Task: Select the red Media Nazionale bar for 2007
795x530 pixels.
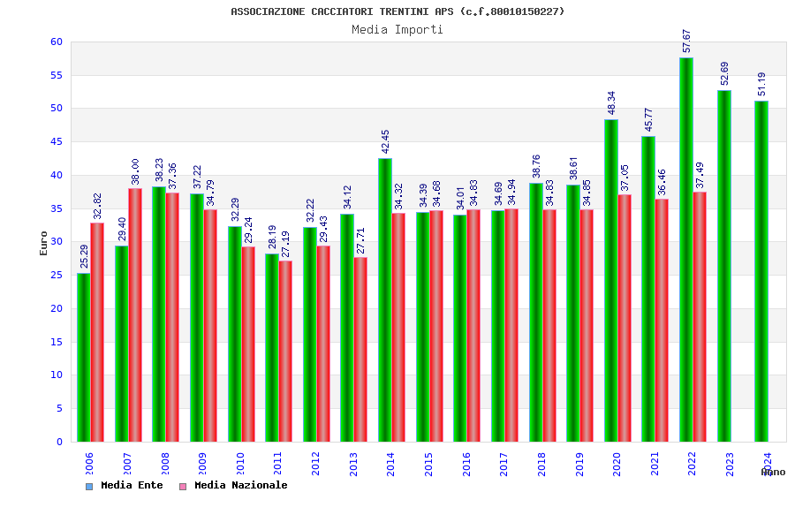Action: (135, 314)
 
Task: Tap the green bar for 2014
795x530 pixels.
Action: (384, 299)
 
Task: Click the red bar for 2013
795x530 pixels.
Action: (360, 349)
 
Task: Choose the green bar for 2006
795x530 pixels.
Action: (83, 357)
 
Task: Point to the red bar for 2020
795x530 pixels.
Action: (625, 318)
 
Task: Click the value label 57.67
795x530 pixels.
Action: (687, 41)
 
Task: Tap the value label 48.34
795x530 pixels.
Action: (611, 102)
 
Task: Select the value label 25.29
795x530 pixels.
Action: (85, 256)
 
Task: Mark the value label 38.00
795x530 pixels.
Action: (136, 171)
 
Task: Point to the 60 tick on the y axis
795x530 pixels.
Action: (57, 42)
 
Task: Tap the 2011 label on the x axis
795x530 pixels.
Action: (278, 464)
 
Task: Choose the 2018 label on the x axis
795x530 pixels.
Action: (542, 464)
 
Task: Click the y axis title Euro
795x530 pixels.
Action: (43, 243)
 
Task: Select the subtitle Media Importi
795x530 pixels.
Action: (397, 29)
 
